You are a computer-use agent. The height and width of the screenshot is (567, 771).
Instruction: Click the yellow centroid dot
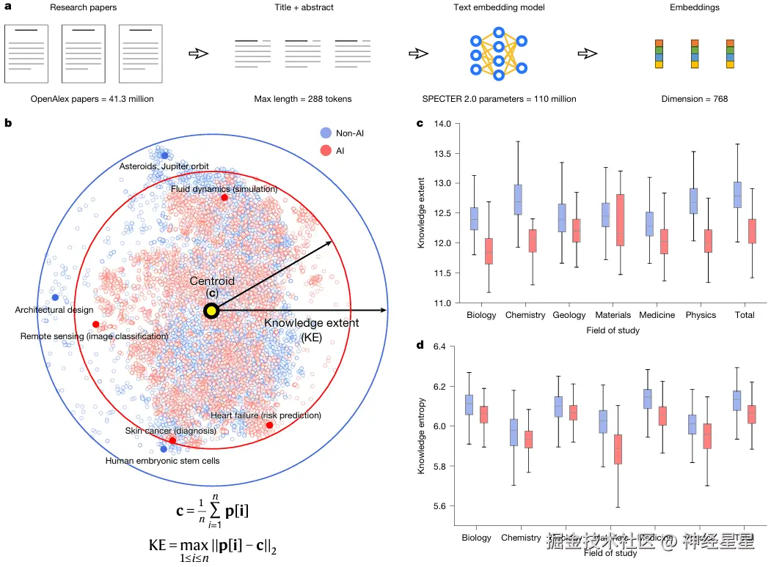tap(211, 311)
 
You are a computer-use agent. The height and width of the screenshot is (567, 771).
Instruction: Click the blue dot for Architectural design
tap(56, 297)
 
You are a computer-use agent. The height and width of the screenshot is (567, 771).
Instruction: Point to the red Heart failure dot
tap(269, 425)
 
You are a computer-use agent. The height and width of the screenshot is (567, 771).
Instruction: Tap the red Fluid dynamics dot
tap(224, 198)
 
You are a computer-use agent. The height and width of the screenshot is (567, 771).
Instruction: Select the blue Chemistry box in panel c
tap(518, 199)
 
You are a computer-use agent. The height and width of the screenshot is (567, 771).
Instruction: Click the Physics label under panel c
tap(700, 315)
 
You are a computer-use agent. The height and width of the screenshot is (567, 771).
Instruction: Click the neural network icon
tap(499, 53)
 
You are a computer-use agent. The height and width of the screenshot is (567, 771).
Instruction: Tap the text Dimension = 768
tap(694, 99)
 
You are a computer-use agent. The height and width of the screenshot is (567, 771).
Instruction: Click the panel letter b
tap(8, 123)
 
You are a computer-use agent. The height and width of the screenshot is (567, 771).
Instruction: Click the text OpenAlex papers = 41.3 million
tap(92, 99)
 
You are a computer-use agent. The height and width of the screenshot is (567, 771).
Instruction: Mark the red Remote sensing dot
tap(95, 324)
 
